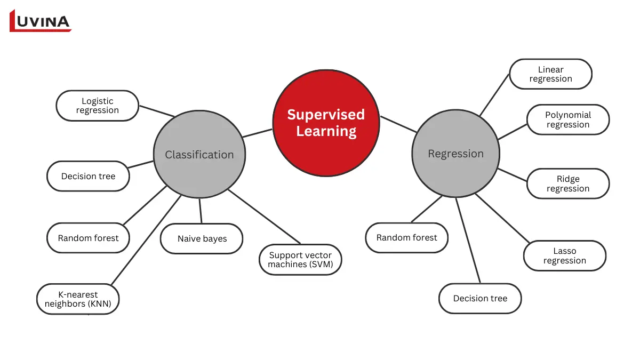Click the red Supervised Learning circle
(326, 123)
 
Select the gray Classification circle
(199, 155)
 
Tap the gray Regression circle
(455, 154)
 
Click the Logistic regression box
(98, 106)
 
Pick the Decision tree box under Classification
(88, 176)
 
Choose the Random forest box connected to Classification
(88, 238)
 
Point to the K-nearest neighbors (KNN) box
(78, 299)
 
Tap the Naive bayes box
(202, 238)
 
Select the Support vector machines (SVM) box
(300, 260)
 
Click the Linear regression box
(550, 74)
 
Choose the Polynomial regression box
(567, 119)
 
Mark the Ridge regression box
(567, 183)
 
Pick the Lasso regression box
(564, 255)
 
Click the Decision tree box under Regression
(479, 298)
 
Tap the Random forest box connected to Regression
(406, 237)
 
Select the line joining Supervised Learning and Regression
(398, 124)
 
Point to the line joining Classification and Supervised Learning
(257, 133)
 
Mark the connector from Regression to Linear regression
(494, 94)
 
